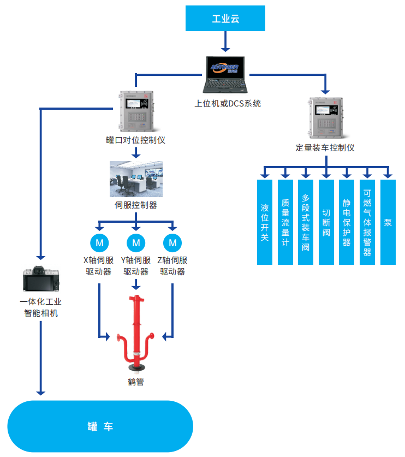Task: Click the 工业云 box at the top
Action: tap(225, 19)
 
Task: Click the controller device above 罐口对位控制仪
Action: tap(135, 112)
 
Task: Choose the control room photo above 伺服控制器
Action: tap(136, 179)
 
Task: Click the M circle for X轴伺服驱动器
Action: tap(99, 242)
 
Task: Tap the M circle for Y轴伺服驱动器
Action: tap(136, 242)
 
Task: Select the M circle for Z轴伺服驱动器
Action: tap(173, 242)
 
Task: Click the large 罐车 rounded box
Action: tap(100, 426)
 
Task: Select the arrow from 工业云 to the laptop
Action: tap(225, 41)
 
